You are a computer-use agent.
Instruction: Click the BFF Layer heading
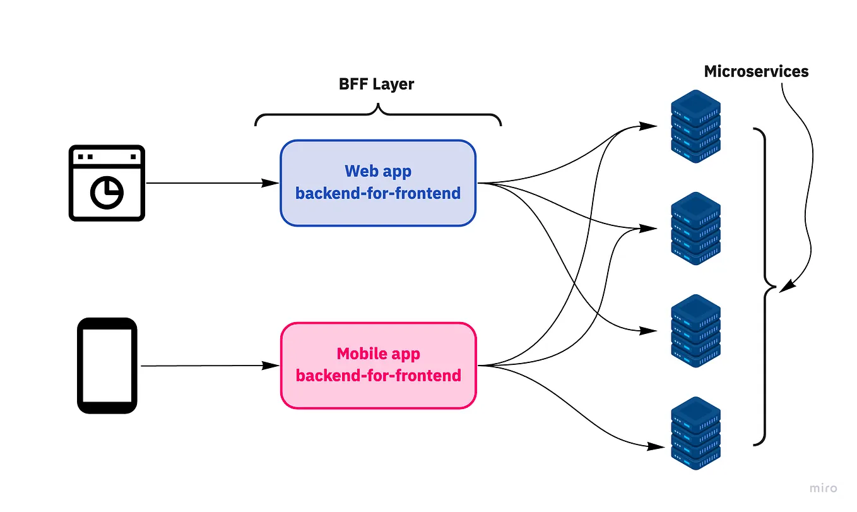click(x=377, y=85)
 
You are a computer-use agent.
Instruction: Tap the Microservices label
click(x=756, y=71)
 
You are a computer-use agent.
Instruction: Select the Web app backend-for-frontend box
click(x=377, y=183)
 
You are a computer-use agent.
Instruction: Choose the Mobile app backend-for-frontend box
click(x=377, y=366)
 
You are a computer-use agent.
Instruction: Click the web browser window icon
click(x=107, y=183)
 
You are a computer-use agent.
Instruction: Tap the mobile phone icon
click(x=107, y=366)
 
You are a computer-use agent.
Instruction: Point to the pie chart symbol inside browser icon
click(x=107, y=192)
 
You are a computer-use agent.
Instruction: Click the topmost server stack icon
click(x=695, y=126)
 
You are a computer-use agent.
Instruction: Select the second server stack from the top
click(x=695, y=229)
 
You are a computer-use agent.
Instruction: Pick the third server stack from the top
click(x=695, y=331)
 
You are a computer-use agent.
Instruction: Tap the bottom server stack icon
click(x=695, y=433)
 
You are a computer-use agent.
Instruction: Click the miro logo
click(x=824, y=488)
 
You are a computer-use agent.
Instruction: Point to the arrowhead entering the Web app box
click(x=271, y=183)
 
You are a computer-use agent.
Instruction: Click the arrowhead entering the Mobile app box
click(x=271, y=366)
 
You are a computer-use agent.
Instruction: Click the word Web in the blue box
click(x=360, y=171)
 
